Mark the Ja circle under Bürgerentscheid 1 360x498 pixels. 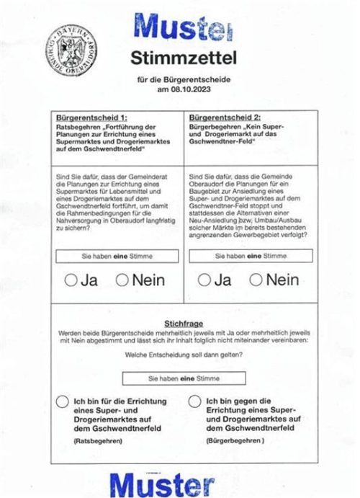(71, 280)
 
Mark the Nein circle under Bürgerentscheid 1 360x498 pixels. (122, 280)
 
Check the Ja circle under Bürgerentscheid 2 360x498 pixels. (204, 280)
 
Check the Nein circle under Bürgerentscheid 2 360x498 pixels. (256, 280)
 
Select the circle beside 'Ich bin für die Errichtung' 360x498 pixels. (63, 402)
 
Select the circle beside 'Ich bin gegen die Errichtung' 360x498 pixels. (194, 402)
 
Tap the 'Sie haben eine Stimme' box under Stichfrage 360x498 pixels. (184, 378)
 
